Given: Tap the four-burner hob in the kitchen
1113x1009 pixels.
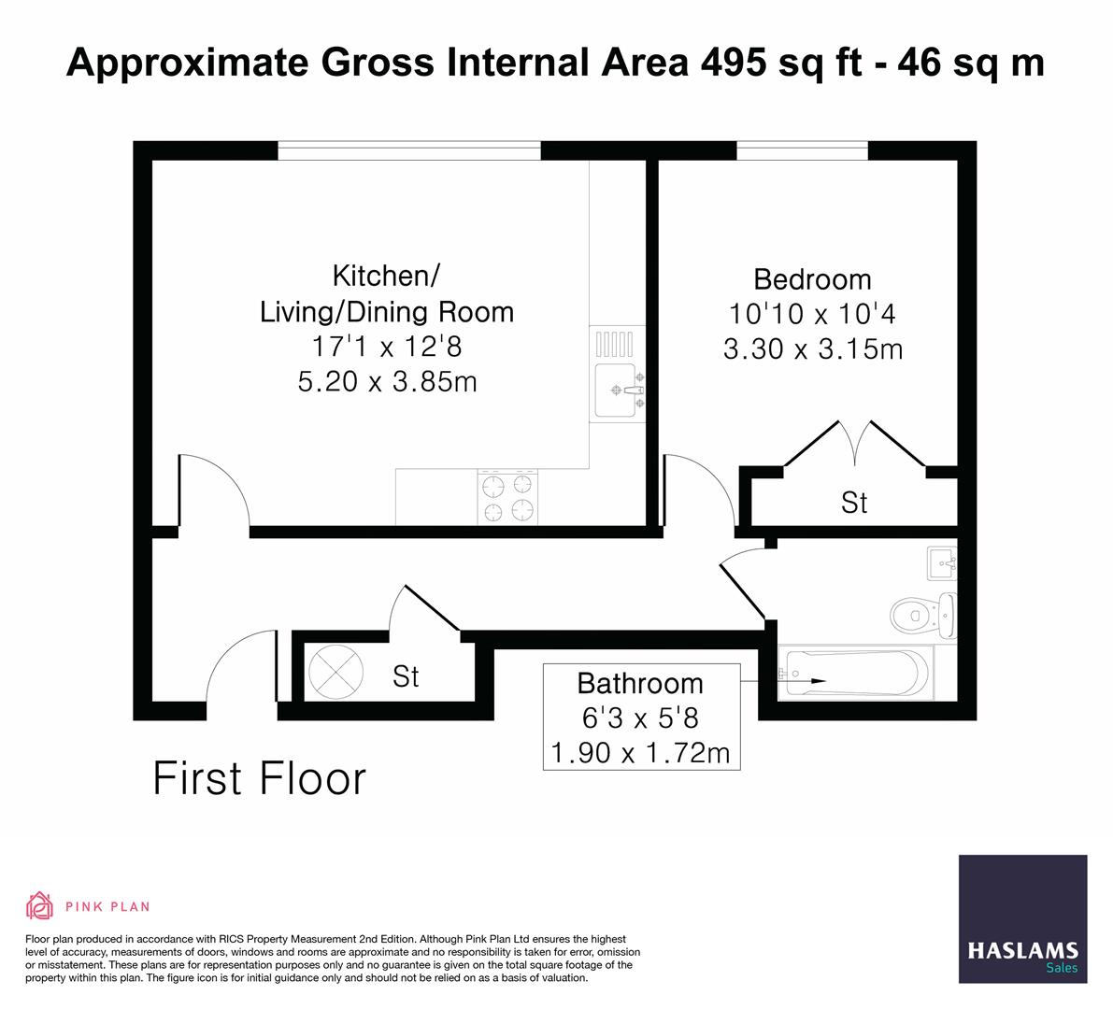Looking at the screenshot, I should [x=508, y=497].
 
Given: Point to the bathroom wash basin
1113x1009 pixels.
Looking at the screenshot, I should [x=942, y=563].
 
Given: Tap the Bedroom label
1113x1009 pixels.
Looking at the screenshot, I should [x=812, y=279].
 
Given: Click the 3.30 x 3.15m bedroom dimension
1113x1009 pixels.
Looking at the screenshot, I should [x=812, y=349].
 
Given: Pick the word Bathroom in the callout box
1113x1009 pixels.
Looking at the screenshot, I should [x=640, y=683].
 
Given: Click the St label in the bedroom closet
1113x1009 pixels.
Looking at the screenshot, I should [x=854, y=503].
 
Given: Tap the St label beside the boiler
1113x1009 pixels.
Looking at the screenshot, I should [x=406, y=675].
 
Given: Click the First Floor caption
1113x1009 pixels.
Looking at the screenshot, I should [x=259, y=778].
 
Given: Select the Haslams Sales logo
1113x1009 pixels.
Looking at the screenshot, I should [x=1022, y=918].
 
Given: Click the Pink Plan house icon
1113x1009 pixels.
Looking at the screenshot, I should [x=39, y=905].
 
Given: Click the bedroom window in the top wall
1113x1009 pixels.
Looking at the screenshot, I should [x=802, y=150].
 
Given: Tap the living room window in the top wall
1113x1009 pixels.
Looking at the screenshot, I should [x=408, y=150].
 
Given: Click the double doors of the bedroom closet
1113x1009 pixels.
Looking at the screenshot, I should [x=854, y=443].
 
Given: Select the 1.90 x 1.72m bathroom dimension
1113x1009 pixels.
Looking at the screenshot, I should [x=641, y=752].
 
